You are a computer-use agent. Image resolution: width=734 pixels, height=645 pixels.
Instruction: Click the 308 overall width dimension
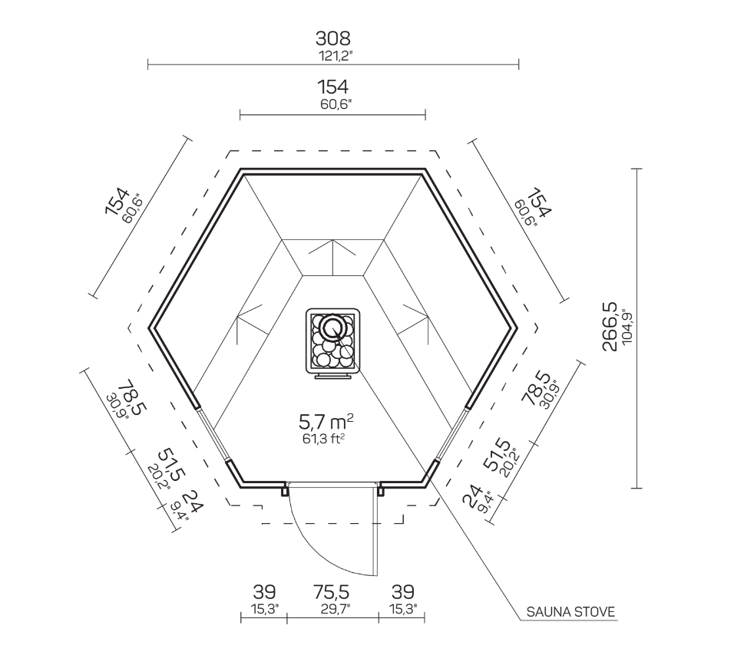(332, 38)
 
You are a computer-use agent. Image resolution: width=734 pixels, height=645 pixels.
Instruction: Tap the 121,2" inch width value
(336, 56)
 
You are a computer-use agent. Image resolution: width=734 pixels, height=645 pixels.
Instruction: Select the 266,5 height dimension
(610, 327)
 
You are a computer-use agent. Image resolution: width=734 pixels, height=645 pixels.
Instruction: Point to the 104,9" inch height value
(627, 327)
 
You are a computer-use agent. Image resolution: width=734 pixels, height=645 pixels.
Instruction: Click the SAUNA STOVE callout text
(570, 612)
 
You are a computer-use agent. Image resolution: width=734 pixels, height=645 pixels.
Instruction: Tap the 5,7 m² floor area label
(326, 423)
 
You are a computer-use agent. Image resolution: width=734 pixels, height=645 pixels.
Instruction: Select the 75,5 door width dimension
(332, 592)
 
